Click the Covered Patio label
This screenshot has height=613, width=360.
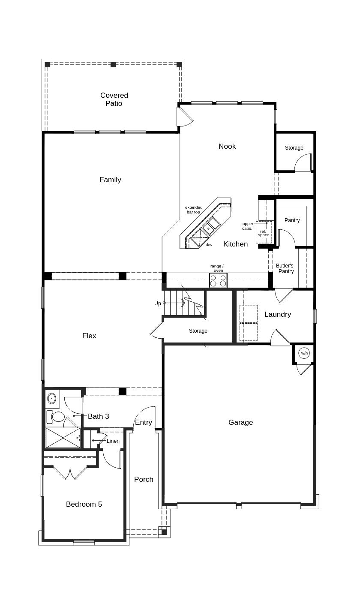114,99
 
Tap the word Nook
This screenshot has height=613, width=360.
227,146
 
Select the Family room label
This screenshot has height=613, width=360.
110,180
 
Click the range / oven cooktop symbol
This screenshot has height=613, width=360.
218,280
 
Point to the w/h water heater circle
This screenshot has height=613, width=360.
304,353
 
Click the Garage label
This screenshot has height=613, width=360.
240,422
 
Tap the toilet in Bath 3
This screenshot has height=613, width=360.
57,416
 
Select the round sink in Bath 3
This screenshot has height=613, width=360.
52,398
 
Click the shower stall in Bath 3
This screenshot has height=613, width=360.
63,438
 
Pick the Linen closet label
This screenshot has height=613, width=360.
113,441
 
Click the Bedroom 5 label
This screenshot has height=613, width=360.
84,504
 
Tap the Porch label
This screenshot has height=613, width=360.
144,479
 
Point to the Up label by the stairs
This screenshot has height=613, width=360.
158,303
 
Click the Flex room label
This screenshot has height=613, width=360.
89,336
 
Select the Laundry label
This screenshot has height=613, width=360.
278,314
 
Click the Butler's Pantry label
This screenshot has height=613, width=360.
285,268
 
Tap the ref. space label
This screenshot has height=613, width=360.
263,233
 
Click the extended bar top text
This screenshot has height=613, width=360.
194,210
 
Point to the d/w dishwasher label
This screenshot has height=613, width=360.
209,245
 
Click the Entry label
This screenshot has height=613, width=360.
144,422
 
